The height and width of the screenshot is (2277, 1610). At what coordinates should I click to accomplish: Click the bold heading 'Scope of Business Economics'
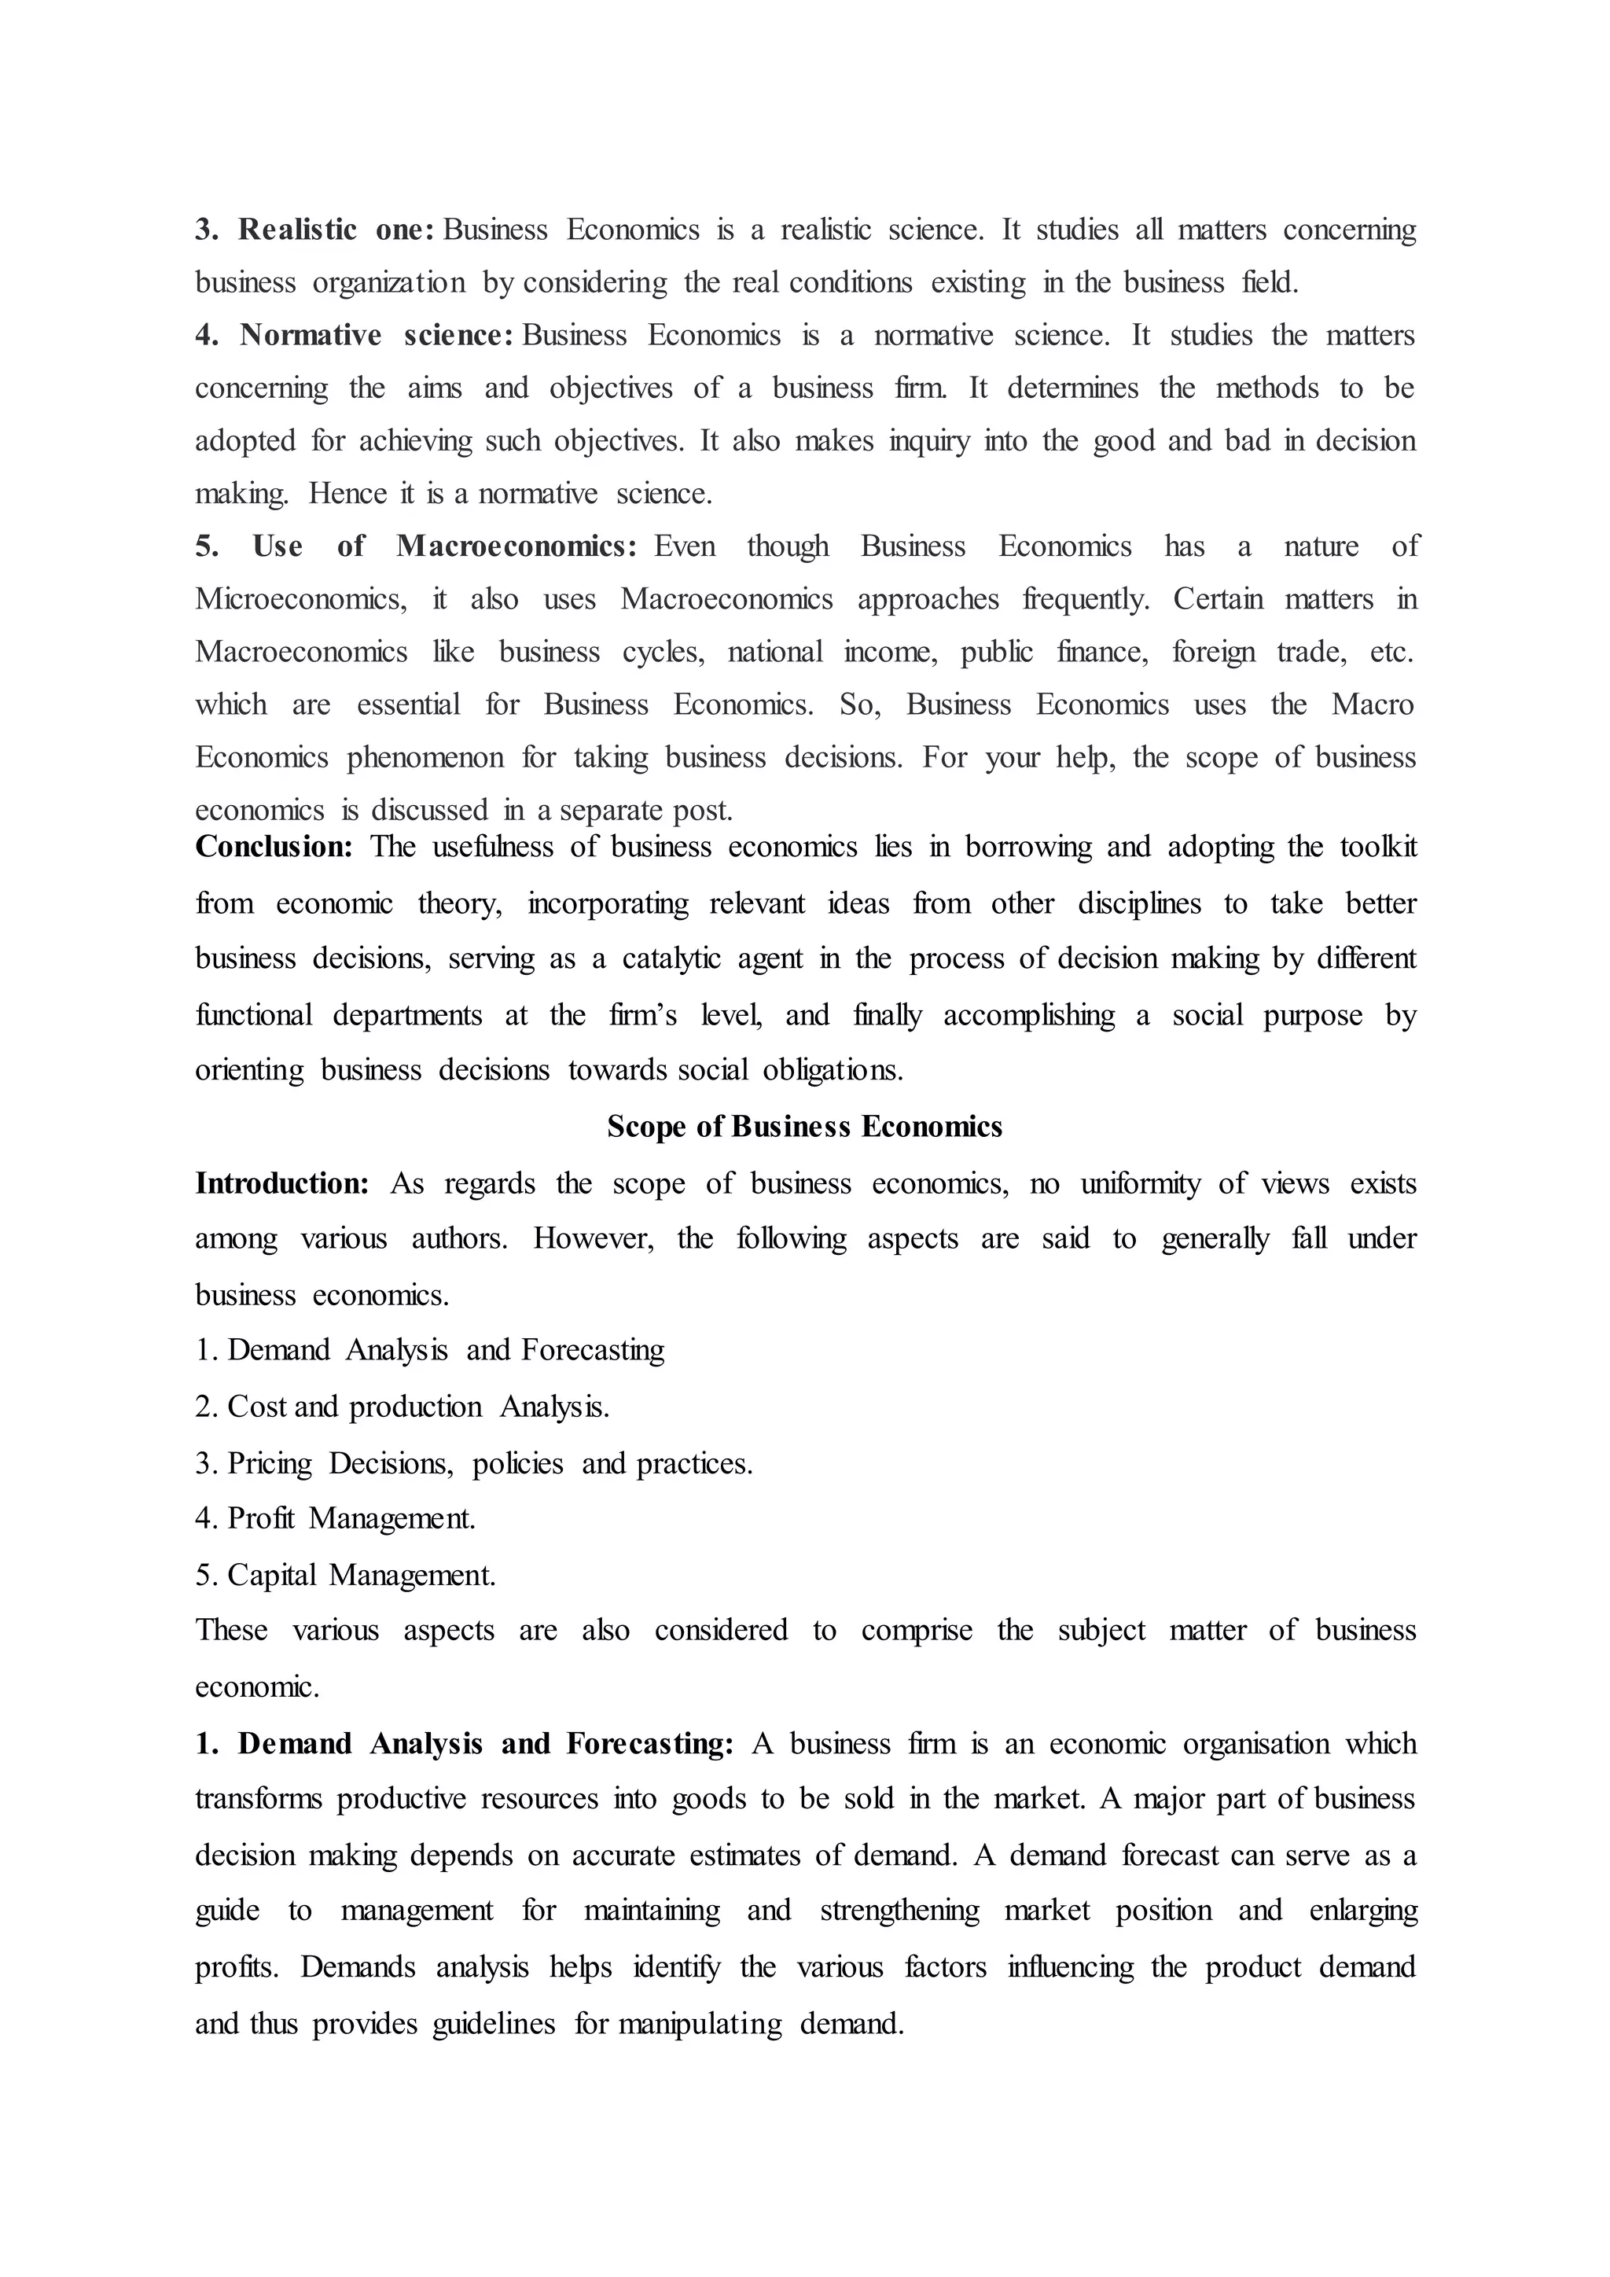tap(804, 1127)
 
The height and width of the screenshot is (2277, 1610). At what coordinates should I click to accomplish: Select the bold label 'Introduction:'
tap(281, 1183)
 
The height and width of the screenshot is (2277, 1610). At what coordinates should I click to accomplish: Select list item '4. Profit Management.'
tap(335, 1518)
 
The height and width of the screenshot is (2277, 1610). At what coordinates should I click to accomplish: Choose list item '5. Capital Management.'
tap(345, 1575)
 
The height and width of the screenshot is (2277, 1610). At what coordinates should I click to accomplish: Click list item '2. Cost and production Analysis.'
tap(402, 1407)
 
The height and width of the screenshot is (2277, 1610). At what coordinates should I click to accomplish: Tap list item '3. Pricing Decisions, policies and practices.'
tap(474, 1462)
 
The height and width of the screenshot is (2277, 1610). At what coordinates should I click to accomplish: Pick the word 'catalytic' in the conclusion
tap(671, 959)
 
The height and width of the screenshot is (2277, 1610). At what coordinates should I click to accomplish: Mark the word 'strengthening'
tap(899, 1911)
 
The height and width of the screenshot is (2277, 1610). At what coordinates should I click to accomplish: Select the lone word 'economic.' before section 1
tap(257, 1687)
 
